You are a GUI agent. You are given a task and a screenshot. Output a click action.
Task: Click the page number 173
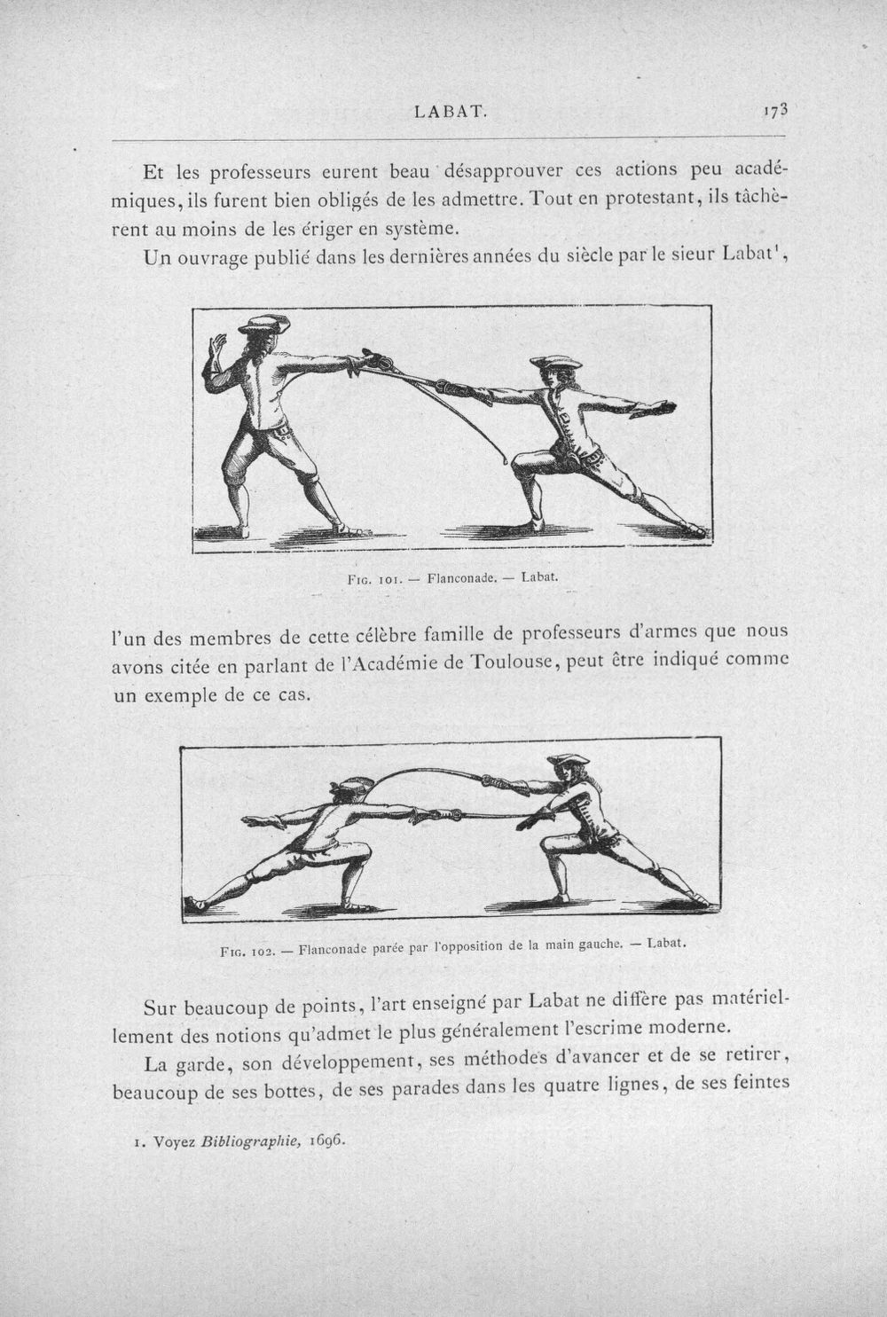pos(775,110)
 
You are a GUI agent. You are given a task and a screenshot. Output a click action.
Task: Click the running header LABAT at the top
pos(451,112)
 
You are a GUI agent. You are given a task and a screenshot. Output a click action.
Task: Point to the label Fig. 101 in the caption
pos(374,578)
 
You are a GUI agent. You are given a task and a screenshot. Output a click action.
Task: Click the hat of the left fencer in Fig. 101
pos(263,324)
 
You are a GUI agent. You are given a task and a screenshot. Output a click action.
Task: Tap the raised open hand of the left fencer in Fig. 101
pos(217,347)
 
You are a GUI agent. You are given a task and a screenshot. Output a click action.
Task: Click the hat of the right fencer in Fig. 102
pos(569,759)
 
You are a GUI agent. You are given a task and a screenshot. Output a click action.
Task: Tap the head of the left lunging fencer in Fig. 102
pos(349,792)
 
